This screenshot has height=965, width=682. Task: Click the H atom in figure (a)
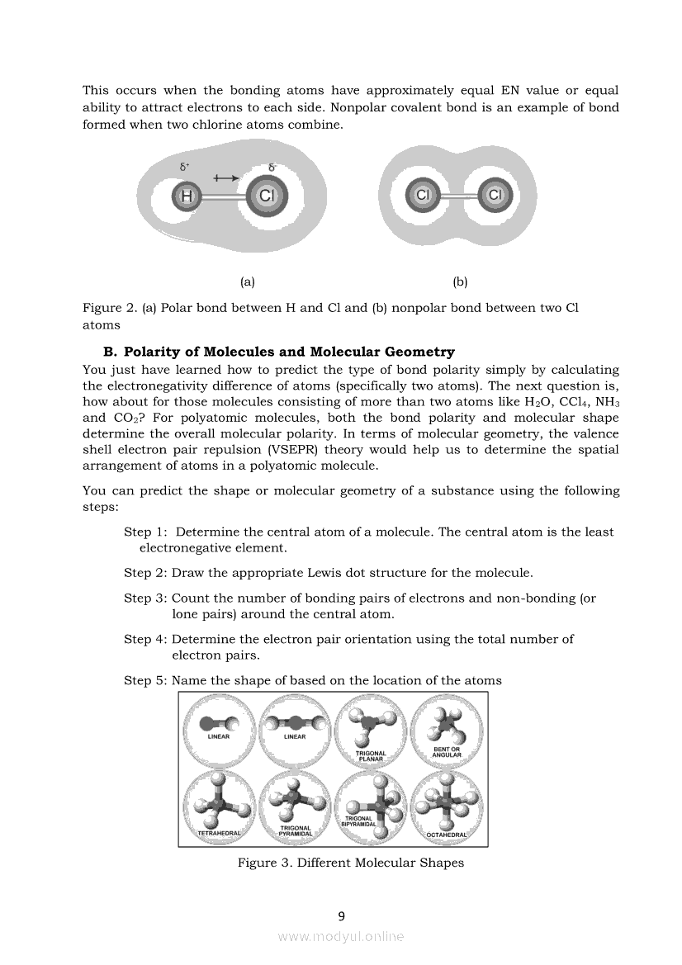tap(187, 196)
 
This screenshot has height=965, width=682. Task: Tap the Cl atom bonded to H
tap(266, 196)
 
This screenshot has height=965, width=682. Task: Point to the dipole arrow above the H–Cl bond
tap(225, 177)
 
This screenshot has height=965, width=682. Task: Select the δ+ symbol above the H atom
tap(184, 167)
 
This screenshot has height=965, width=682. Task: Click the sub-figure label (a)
tap(247, 281)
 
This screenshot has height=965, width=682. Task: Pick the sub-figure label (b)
tap(461, 281)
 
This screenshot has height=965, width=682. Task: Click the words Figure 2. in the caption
tap(110, 308)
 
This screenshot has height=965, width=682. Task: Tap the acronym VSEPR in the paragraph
tap(293, 450)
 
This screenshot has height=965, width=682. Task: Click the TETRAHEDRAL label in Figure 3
tap(220, 834)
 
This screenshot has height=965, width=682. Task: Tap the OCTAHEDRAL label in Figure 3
tap(447, 835)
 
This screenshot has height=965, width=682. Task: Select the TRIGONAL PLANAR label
tap(371, 755)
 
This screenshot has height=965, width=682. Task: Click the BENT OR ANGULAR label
tap(447, 751)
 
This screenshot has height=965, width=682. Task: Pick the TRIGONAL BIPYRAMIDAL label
tap(360, 821)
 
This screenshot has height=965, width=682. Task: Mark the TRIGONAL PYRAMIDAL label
tap(296, 830)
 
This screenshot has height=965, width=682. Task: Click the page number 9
tap(341, 915)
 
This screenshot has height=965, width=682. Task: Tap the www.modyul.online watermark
tap(341, 936)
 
